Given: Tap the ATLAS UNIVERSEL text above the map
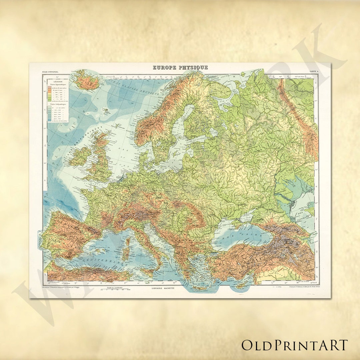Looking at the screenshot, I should tap(50, 72).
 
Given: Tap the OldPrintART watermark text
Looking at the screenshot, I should tap(295, 345).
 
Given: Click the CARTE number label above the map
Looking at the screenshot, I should tap(313, 72).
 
